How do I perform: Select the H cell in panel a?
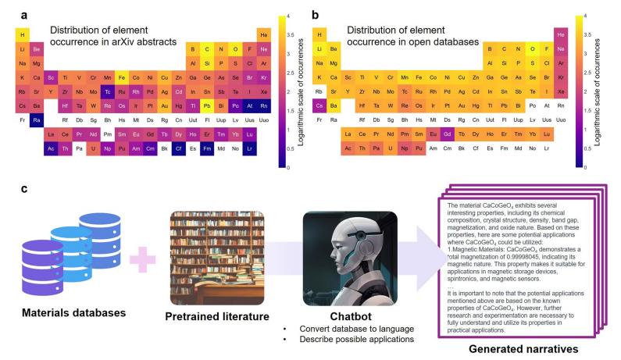[22, 34]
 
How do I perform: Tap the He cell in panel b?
[560, 34]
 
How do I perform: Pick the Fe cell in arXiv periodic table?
[121, 77]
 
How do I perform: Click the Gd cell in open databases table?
[448, 134]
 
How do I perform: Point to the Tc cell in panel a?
[107, 91]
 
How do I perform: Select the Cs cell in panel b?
[319, 105]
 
